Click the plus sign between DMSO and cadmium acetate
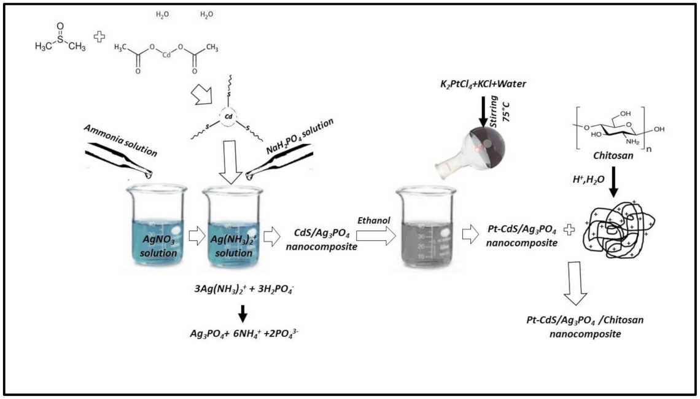click(x=98, y=38)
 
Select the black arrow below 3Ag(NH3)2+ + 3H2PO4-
click(x=243, y=314)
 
